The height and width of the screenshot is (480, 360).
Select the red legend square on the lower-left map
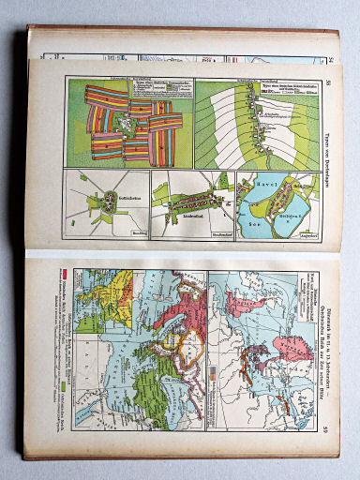point(65,274)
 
